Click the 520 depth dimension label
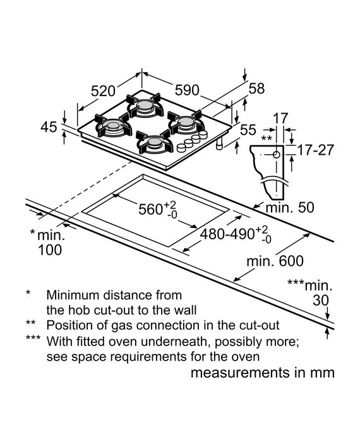pos(103,91)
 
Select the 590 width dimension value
pos(187,90)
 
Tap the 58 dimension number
pos(257,88)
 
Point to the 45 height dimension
pos(49,127)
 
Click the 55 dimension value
pos(248,130)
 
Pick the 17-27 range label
pos(315,150)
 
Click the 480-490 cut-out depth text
pos(227,234)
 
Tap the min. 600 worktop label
pos(275,261)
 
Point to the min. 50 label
pos(290,207)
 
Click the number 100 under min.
pos(50,250)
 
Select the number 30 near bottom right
pos(321,300)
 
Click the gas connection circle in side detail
pos(276,155)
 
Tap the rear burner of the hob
pos(145,105)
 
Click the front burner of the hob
pos(154,142)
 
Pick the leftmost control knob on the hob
pos(181,148)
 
